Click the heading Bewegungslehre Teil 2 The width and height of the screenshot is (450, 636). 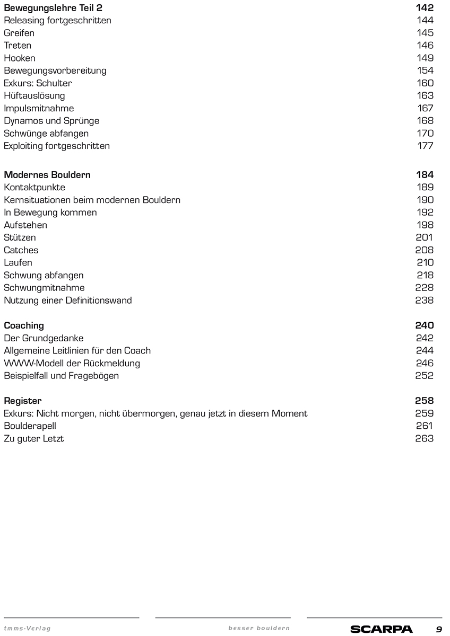(53, 8)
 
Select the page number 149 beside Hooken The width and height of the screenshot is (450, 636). (425, 58)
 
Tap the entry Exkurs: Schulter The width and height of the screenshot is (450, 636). (38, 83)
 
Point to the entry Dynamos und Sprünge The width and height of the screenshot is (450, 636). (51, 121)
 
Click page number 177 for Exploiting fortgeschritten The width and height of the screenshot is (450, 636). (425, 146)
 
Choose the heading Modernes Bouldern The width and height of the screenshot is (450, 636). (47, 175)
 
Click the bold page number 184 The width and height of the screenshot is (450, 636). (425, 175)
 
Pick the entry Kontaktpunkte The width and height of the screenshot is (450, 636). (34, 187)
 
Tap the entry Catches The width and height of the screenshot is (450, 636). (21, 250)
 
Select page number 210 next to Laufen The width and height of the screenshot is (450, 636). (425, 262)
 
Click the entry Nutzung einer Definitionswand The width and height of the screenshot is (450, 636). (68, 301)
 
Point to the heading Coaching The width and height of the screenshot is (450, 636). (24, 325)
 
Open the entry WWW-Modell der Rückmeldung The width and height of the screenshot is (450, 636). (72, 363)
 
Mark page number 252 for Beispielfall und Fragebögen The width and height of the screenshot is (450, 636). (424, 376)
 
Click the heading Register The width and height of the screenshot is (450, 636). (23, 401)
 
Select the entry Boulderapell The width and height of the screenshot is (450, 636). (30, 426)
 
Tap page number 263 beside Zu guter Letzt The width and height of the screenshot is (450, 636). (424, 438)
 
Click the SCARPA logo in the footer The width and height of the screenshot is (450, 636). (381, 629)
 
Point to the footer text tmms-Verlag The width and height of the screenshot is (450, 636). (27, 629)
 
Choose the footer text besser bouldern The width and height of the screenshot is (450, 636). (259, 629)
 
